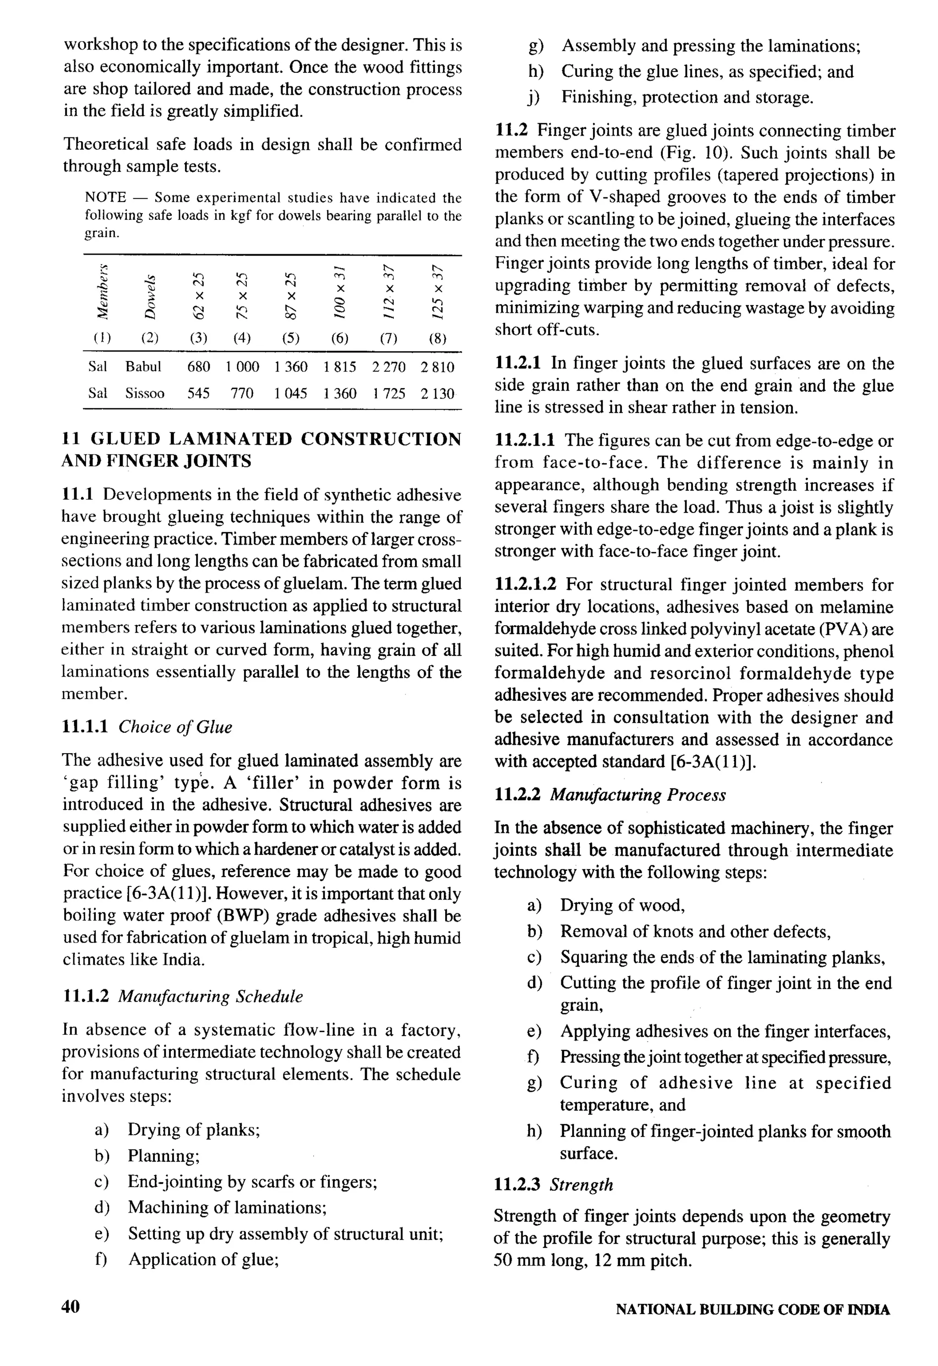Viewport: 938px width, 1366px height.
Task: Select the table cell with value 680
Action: [x=199, y=367]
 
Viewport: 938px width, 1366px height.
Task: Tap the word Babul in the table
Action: [x=143, y=367]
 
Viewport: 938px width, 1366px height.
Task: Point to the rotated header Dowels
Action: [x=151, y=297]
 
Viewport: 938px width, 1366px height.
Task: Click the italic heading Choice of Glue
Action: [x=175, y=727]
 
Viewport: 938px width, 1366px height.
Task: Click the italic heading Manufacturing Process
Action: [x=638, y=795]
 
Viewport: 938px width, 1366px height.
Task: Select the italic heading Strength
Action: [x=581, y=1185]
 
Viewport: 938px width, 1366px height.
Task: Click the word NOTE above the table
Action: [x=106, y=197]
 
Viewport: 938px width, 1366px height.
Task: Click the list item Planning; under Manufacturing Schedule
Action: [x=164, y=1156]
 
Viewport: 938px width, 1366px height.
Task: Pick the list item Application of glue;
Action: [x=203, y=1259]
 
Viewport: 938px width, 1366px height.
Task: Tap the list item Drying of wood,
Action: [x=622, y=905]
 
